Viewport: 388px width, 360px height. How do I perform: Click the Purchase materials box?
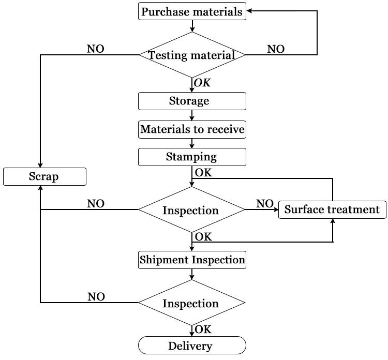[192, 12]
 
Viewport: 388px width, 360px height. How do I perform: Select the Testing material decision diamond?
[192, 54]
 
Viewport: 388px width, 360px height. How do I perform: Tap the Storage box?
[192, 101]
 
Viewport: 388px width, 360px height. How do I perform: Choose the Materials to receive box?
[192, 129]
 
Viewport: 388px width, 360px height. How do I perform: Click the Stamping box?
[192, 157]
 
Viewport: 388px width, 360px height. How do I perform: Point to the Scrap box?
[44, 177]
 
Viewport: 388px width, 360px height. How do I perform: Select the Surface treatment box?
[332, 209]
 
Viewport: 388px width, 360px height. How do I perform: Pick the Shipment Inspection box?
[192, 260]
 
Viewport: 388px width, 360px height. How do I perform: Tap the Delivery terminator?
[192, 345]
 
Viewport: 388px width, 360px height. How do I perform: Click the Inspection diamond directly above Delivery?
[192, 303]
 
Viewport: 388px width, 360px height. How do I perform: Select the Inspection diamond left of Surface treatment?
[192, 210]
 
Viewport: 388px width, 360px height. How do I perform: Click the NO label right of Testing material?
[275, 49]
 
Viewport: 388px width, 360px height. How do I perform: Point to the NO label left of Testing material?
[95, 49]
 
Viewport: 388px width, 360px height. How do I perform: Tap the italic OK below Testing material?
[202, 83]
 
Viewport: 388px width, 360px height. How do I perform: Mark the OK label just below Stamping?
[203, 173]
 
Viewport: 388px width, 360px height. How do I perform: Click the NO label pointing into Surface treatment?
[264, 204]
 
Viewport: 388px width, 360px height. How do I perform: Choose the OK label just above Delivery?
[203, 329]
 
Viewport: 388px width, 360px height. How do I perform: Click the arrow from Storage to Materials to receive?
[192, 115]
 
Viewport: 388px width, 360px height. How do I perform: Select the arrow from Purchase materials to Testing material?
[192, 26]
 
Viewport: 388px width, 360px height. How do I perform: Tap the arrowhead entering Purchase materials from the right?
[249, 11]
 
